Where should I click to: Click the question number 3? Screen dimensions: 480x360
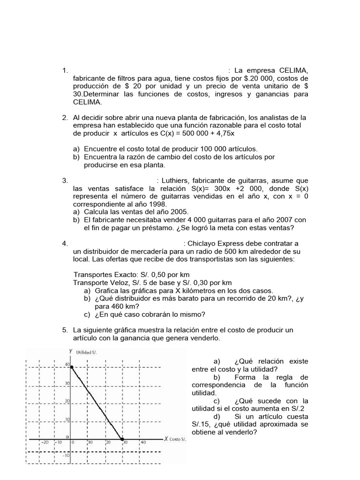coord(65,180)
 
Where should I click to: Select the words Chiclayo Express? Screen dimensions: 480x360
coord(215,243)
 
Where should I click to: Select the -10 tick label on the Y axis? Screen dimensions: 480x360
coord(67,455)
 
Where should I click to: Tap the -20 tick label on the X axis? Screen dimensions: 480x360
coord(45,442)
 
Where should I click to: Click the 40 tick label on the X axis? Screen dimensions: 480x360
coord(143,442)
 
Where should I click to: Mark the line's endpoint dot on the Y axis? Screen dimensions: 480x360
coord(72,367)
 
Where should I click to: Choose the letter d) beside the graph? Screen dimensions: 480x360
coord(216,416)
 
